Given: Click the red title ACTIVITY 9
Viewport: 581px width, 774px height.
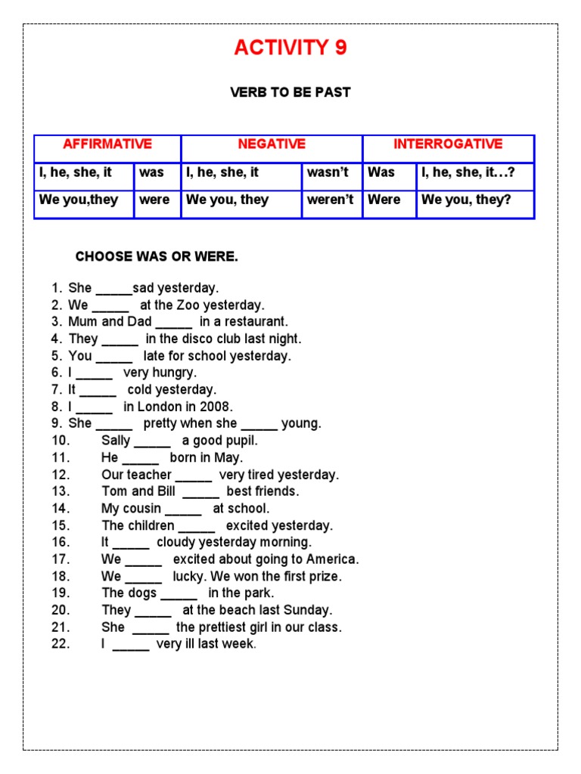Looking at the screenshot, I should pos(290,48).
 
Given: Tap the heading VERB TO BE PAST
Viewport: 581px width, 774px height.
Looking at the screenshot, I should pos(290,92).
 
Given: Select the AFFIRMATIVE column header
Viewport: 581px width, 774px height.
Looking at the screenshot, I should pos(107,144).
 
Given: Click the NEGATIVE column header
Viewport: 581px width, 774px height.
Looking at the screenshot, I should pos(272,144).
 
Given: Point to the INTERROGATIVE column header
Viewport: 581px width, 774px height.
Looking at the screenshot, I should pos(448,144).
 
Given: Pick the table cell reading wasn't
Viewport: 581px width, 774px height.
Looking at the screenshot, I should pos(328,172).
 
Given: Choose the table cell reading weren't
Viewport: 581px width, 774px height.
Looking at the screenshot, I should pos(331,200).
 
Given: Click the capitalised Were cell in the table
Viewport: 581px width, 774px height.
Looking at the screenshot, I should pos(384,200).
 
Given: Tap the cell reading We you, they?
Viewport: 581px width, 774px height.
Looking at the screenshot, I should pos(466,200).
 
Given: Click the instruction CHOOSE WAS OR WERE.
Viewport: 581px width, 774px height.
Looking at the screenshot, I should pos(157,257).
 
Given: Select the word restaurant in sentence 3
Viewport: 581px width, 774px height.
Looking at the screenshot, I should pos(254,322).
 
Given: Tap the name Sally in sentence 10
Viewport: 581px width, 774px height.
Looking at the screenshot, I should pos(116,441).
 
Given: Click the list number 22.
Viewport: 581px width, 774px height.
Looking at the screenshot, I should pos(61,644).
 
